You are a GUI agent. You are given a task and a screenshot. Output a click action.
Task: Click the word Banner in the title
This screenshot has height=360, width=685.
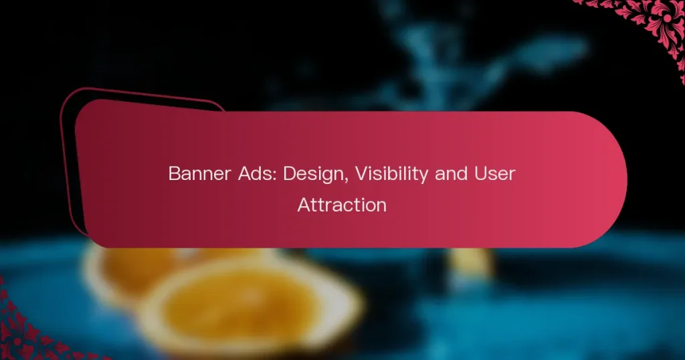[x=199, y=174]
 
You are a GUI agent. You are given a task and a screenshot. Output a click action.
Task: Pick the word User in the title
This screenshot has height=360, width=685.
[x=495, y=174]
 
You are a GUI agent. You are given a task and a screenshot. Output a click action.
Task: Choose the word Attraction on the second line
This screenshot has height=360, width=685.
[x=342, y=205]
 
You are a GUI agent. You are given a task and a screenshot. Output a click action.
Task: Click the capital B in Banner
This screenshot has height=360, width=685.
[x=175, y=174]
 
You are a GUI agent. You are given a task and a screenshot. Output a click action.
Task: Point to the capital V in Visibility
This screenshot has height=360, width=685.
[x=361, y=174]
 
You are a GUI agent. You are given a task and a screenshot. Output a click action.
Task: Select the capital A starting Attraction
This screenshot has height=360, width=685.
[x=304, y=205]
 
